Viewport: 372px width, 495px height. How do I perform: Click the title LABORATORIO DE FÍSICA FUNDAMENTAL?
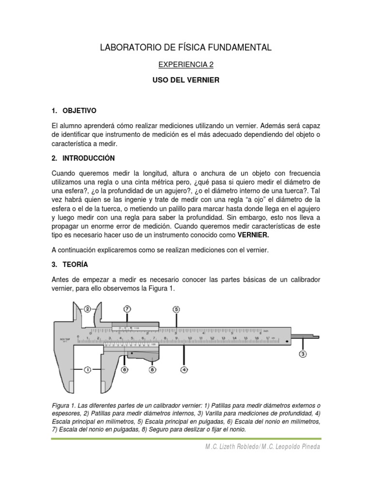tap(186, 47)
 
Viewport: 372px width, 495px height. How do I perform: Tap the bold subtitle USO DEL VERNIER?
tap(186, 80)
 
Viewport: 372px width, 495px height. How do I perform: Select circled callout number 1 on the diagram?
tap(88, 370)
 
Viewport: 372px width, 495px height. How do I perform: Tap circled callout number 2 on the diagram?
tap(88, 309)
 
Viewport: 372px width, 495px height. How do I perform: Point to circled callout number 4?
tap(184, 370)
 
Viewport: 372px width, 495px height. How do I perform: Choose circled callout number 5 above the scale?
tap(176, 309)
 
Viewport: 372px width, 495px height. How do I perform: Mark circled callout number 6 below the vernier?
tap(125, 370)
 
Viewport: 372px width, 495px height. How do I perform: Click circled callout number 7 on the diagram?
tap(127, 309)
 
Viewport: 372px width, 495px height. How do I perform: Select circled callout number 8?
tap(153, 370)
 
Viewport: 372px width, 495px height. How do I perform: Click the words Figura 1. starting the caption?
tap(65, 405)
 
